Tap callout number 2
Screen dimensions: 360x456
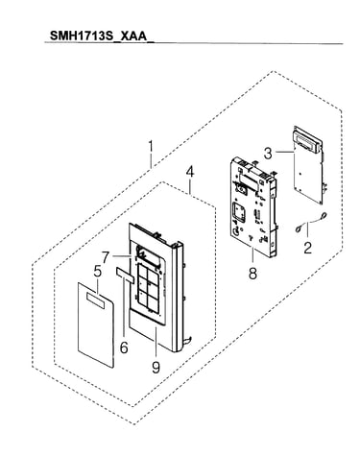tap(307, 248)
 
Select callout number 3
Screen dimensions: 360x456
tap(268, 154)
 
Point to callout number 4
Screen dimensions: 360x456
tap(189, 172)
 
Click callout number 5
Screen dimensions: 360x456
tap(98, 272)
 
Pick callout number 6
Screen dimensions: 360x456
tap(124, 347)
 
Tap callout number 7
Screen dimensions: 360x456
tap(107, 256)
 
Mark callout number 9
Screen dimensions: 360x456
tap(156, 367)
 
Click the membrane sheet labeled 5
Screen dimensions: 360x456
tap(96, 324)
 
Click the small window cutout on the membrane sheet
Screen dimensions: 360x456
tap(95, 301)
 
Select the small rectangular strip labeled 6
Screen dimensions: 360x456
tap(125, 275)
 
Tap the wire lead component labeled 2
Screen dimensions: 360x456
tap(310, 222)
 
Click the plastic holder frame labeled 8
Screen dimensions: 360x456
tap(253, 206)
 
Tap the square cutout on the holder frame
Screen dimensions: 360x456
tap(238, 212)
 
